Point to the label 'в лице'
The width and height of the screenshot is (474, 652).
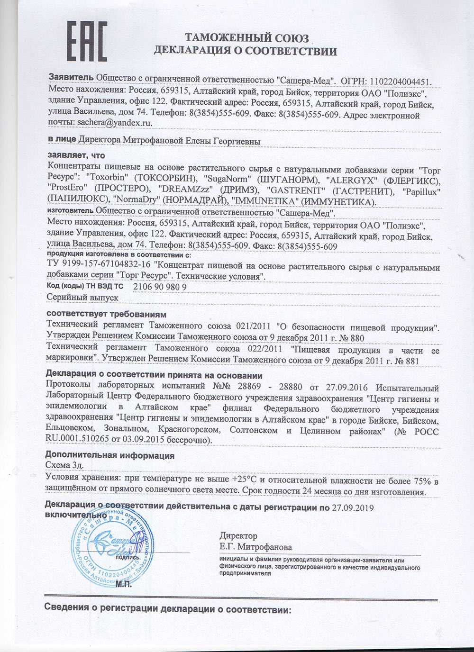62,141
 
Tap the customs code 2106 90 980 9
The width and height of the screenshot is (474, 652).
160,287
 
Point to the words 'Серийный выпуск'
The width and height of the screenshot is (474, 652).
82,298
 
